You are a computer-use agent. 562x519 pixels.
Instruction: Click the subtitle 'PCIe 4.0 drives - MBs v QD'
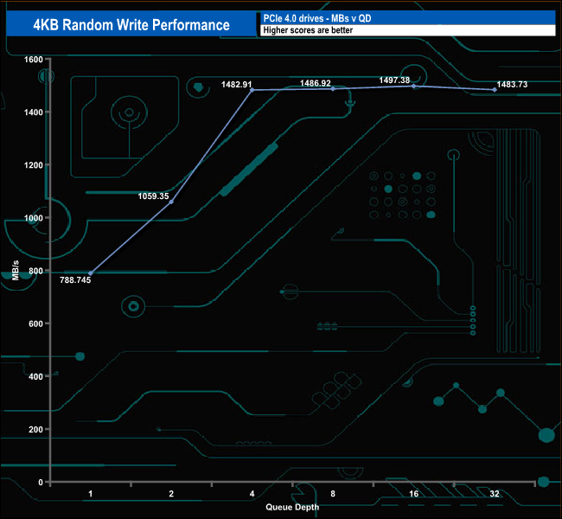point(321,17)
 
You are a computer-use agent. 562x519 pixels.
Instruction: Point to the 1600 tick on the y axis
point(33,60)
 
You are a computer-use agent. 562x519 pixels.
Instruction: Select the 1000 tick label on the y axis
point(33,218)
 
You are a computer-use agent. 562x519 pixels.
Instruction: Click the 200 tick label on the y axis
point(35,429)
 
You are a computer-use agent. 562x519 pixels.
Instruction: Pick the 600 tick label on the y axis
point(35,324)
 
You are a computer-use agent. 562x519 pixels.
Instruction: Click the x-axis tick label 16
point(413,493)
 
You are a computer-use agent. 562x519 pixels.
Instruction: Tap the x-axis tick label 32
point(494,493)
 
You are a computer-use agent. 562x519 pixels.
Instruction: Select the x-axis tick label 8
point(333,493)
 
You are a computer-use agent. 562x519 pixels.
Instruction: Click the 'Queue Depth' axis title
point(292,507)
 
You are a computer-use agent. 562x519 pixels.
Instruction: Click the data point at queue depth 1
point(91,273)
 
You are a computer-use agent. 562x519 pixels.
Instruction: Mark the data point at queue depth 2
point(171,202)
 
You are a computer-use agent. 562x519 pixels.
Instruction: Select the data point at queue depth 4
point(252,90)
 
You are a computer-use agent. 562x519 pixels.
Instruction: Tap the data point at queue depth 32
point(494,90)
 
